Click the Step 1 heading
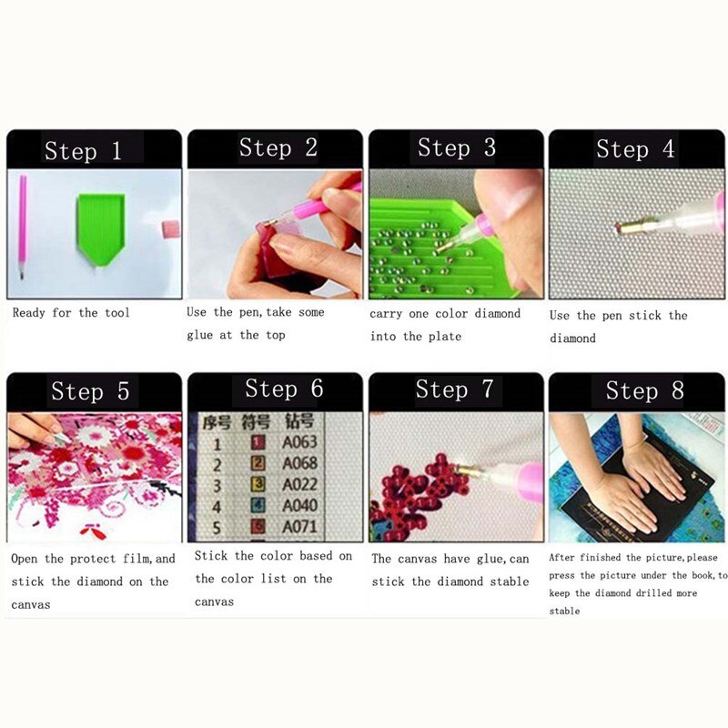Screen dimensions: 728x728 pyautogui.click(x=83, y=151)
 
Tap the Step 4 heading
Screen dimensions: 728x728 pyautogui.click(x=635, y=149)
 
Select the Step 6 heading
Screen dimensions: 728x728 pyautogui.click(x=284, y=389)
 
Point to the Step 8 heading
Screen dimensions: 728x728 pyautogui.click(x=644, y=391)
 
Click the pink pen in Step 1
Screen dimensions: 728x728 pyautogui.click(x=22, y=227)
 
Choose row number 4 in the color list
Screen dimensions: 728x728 pyautogui.click(x=217, y=506)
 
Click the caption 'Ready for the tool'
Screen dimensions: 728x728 pyautogui.click(x=71, y=313)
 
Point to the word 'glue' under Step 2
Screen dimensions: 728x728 pyautogui.click(x=202, y=335)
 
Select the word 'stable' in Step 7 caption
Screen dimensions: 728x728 pyautogui.click(x=507, y=581)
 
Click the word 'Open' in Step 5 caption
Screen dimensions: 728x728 pyautogui.click(x=25, y=559)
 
